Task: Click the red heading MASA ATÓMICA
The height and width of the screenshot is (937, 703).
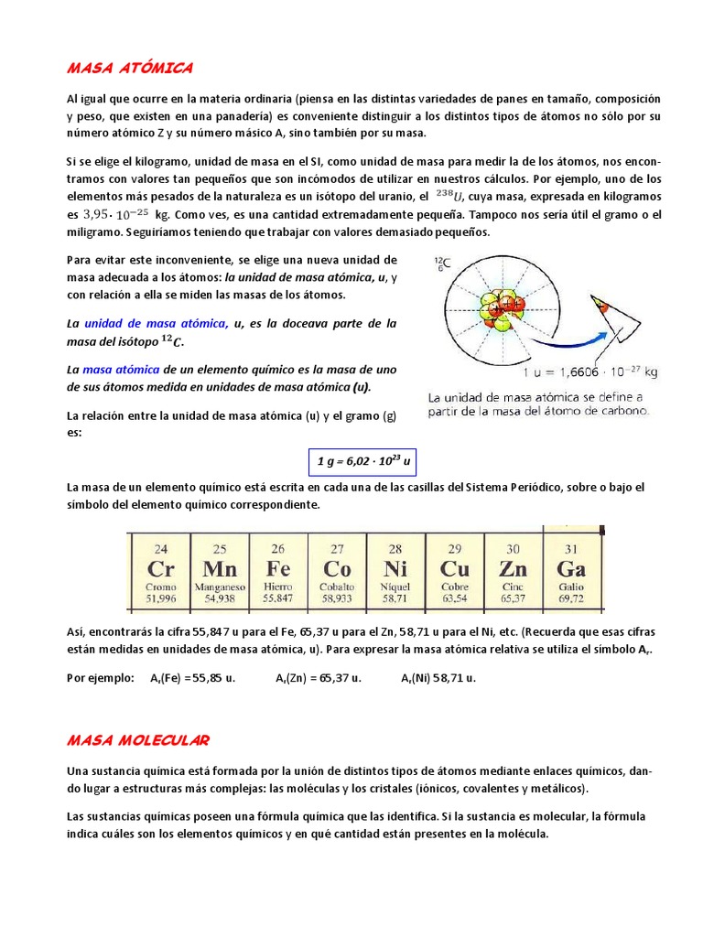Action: click(130, 68)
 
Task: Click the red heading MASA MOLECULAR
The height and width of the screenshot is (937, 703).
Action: click(139, 739)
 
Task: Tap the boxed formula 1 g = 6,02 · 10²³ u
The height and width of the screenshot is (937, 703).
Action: click(360, 462)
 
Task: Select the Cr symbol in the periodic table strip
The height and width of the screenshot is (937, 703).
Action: click(160, 569)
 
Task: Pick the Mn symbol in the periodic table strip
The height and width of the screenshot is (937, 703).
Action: click(219, 569)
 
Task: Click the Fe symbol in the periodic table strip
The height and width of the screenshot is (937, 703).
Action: click(277, 569)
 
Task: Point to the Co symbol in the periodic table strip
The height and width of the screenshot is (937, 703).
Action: click(337, 569)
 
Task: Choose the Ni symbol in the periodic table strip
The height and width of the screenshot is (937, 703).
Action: click(395, 569)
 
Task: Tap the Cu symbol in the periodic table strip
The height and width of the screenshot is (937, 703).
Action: click(454, 569)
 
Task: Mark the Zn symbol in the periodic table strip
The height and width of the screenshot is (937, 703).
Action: click(513, 569)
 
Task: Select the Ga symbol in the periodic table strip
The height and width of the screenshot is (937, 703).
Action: click(571, 569)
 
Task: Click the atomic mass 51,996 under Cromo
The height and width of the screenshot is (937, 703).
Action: click(160, 598)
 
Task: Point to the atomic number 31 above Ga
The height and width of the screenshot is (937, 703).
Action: click(571, 548)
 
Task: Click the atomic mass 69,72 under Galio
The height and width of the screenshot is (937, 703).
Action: click(571, 598)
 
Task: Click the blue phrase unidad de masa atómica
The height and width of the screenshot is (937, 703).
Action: click(157, 323)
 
